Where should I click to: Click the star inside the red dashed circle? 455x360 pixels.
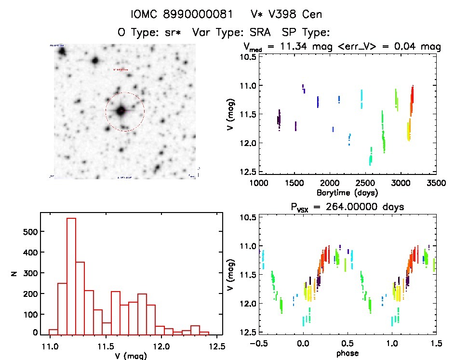pyautogui.click(x=120, y=111)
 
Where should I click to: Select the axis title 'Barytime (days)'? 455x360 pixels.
pyautogui.click(x=347, y=192)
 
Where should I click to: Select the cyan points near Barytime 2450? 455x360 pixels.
pyautogui.click(x=361, y=99)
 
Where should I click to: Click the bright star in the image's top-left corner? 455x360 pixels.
pyautogui.click(x=62, y=52)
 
